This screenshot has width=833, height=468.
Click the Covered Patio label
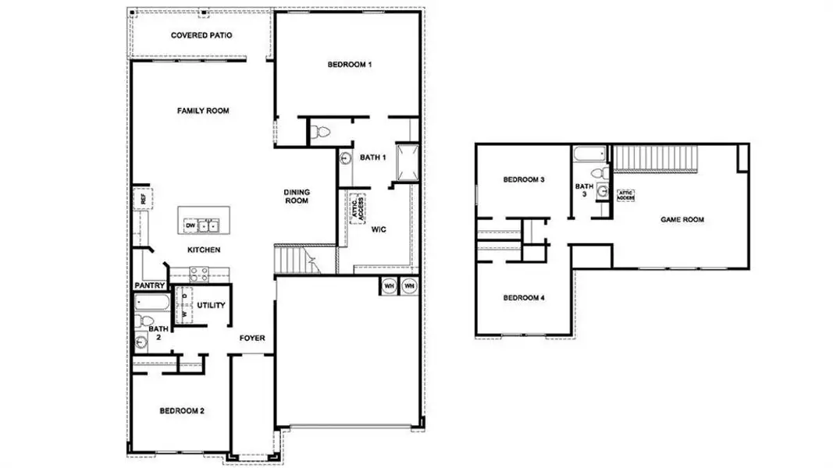coord(201,35)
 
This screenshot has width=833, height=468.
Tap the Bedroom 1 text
coord(348,65)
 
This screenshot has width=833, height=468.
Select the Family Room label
coord(203,111)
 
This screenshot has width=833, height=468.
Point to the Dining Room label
coord(296,195)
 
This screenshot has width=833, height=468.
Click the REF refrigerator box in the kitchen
coord(142,198)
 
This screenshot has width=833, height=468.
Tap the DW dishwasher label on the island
coord(190,226)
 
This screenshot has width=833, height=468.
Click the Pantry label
coord(149,285)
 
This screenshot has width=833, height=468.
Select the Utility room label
coord(211,305)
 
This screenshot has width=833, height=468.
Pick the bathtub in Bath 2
coord(149,301)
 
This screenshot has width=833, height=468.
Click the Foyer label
coord(252,339)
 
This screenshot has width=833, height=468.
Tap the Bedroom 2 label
coord(182,410)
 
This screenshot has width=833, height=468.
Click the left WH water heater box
coord(389,286)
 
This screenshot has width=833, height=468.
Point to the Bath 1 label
coord(372,158)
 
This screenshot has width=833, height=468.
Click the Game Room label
coord(682,220)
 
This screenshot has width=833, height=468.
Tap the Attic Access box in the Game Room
coord(625,196)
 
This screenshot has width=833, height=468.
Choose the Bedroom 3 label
coord(523,179)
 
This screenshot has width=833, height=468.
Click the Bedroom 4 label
coord(523,298)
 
